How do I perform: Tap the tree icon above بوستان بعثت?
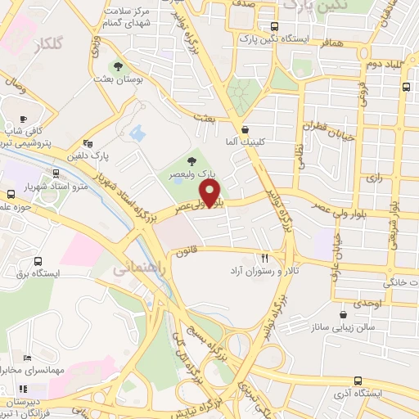[x=119, y=65]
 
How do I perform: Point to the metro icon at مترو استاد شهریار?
[x=56, y=173]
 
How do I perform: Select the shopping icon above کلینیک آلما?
[x=245, y=130]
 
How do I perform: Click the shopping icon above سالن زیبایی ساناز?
[x=341, y=313]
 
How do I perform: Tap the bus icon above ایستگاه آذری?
[x=358, y=381]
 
